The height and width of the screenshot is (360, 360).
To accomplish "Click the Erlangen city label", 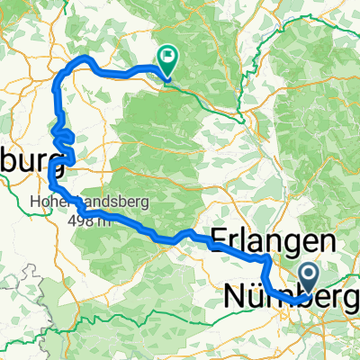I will coord(273,239).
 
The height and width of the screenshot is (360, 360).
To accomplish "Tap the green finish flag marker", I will coord(167,58).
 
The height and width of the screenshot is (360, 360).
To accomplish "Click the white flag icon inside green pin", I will coord(167,56).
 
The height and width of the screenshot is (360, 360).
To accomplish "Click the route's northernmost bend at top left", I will coord(87,58).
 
